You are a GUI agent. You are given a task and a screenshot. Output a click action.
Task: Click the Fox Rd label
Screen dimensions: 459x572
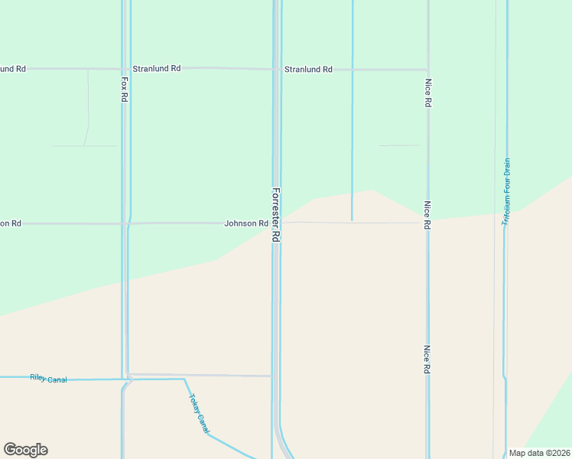(124, 89)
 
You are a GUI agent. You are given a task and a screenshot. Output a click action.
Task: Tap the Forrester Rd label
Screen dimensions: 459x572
(276, 215)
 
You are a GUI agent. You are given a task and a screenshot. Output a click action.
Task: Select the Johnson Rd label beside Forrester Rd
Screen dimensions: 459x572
(245, 223)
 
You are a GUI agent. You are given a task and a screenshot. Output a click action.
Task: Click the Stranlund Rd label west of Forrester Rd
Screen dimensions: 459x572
(156, 68)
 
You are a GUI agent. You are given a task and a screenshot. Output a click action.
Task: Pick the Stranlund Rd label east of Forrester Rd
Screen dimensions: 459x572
(308, 69)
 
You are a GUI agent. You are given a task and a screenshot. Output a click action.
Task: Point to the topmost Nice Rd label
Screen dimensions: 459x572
(428, 92)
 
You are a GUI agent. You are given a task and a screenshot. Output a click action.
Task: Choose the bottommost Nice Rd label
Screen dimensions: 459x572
(427, 359)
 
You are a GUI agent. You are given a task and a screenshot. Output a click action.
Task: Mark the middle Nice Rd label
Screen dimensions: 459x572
(427, 216)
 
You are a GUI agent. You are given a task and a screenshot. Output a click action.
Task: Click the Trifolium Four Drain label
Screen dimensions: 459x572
(506, 191)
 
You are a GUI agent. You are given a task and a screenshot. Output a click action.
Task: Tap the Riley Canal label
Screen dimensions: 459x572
(48, 378)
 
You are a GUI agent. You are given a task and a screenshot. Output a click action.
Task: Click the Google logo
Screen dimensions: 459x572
(25, 450)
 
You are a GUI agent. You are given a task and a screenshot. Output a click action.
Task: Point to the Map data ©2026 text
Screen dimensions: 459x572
(540, 453)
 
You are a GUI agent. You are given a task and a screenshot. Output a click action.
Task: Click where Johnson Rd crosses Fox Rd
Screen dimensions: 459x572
(126, 223)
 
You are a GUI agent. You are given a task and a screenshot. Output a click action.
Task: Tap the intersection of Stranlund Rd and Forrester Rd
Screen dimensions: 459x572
(276, 69)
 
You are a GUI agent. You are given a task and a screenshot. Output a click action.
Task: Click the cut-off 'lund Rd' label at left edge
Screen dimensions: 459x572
(12, 69)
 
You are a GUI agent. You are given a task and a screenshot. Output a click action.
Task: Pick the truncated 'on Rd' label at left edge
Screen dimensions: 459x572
(10, 223)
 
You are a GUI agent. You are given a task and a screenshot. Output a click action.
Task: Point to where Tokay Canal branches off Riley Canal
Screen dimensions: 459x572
(184, 379)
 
